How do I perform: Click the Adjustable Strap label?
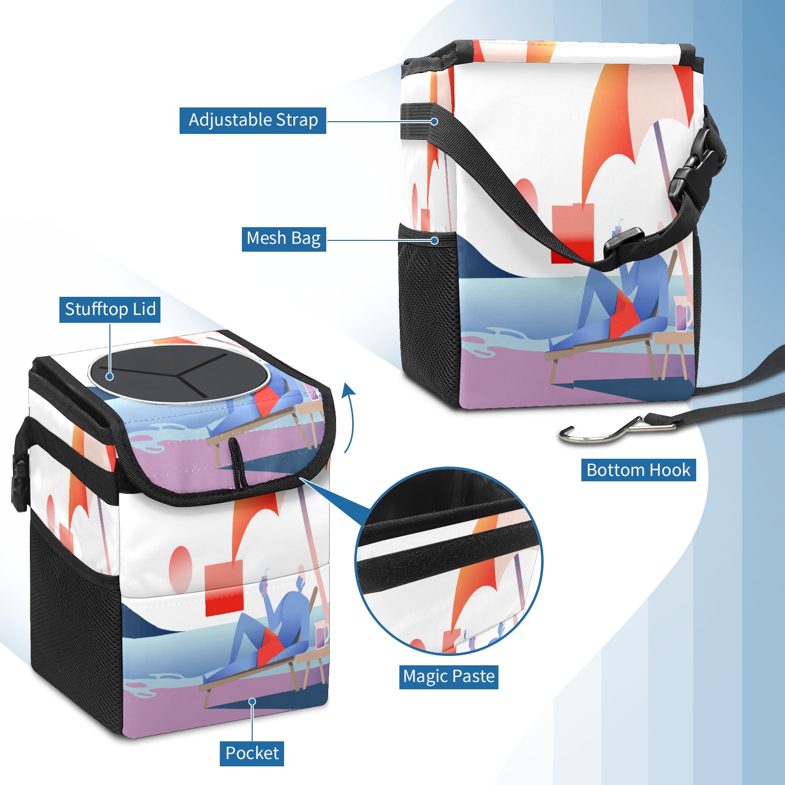pos(253,120)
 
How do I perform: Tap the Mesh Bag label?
pos(284,238)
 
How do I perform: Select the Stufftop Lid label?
pos(110,310)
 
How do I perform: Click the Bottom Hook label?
pos(638,470)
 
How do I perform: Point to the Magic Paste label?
pos(448,677)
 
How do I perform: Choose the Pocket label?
pos(252,753)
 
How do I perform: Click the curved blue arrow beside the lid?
pos(349,417)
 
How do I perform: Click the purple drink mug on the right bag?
pos(683,314)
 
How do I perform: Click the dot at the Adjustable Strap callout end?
pos(434,121)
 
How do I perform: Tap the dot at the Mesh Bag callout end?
pos(434,240)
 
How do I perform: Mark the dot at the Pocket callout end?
pos(252,702)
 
